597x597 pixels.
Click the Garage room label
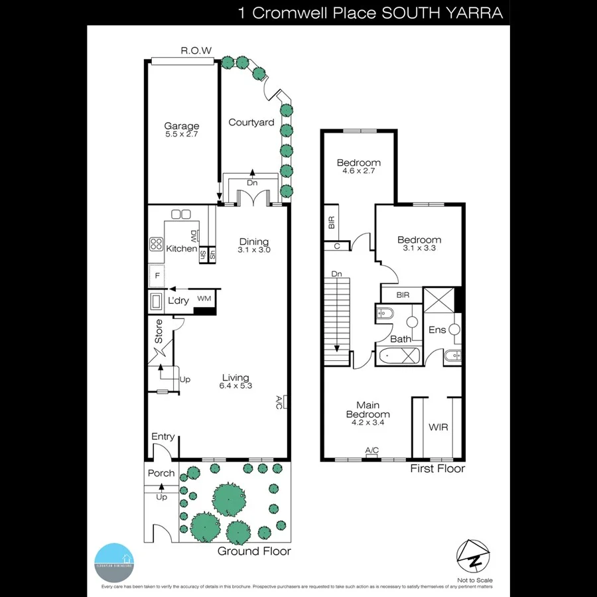click(182, 126)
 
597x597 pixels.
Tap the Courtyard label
click(251, 122)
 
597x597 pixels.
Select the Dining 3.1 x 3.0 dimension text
click(255, 250)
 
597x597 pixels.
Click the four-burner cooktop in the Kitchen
click(157, 243)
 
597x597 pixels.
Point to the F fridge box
click(157, 275)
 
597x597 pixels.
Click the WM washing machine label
click(204, 299)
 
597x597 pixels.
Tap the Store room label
click(159, 332)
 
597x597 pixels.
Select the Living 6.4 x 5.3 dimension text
click(235, 386)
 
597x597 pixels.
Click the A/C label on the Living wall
click(279, 403)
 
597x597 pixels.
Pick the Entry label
click(163, 436)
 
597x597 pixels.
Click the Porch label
click(161, 473)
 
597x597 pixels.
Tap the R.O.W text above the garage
click(196, 50)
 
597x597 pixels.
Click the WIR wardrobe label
click(438, 427)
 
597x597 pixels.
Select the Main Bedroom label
click(367, 409)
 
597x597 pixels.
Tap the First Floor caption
click(437, 468)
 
